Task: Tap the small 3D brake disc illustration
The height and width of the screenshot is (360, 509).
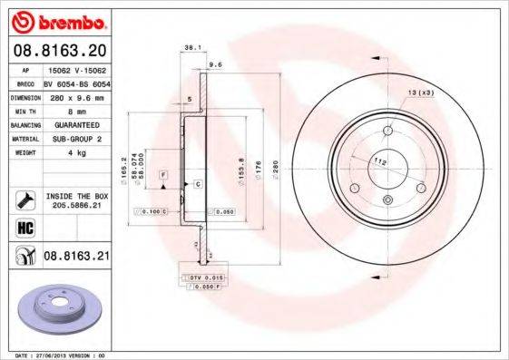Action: coord(57,305)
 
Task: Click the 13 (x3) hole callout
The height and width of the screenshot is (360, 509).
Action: coord(420,92)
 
